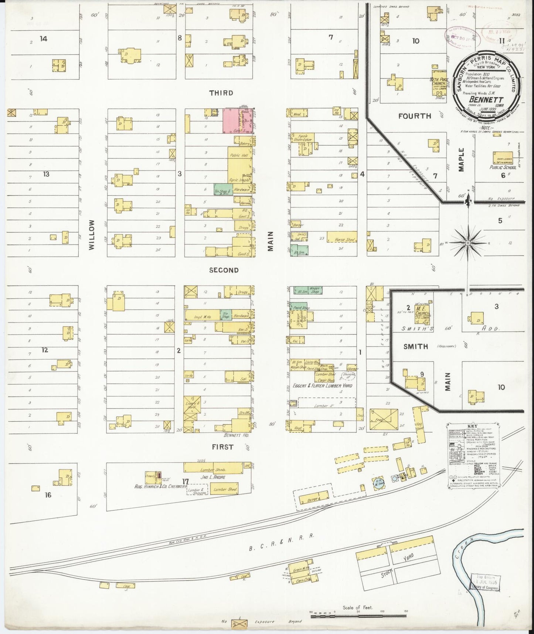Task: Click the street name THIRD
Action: (221, 93)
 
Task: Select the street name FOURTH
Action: (415, 116)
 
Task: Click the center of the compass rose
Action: (467, 243)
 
